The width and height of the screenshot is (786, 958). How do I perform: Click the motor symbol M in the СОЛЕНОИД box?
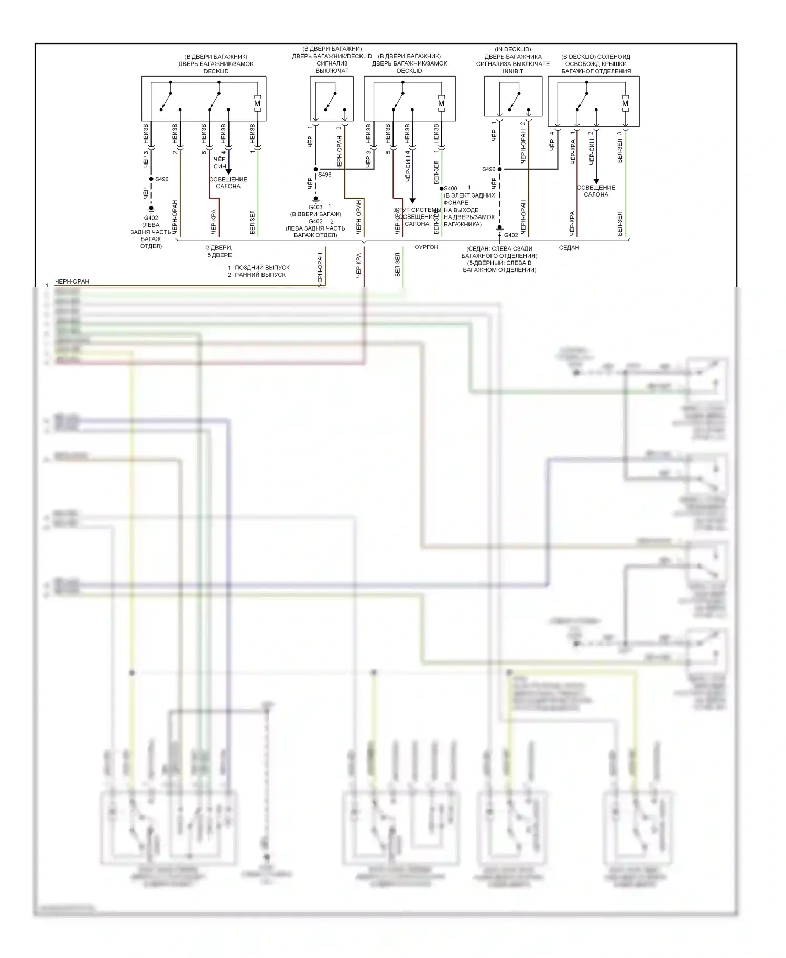(625, 103)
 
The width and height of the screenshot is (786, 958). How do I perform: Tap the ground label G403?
(315, 207)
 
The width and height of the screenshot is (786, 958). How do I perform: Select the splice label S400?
(451, 188)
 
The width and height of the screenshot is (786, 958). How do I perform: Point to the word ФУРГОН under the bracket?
(426, 247)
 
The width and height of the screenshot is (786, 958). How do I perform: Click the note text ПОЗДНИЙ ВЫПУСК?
(262, 268)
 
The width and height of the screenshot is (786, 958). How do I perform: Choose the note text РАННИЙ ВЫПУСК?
(260, 275)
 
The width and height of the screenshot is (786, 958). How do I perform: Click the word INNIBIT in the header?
(512, 71)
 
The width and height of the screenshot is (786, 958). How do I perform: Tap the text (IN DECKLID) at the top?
(512, 49)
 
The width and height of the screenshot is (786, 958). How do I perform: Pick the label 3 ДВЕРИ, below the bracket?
(219, 248)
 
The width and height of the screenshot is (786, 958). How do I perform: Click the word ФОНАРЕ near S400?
(456, 203)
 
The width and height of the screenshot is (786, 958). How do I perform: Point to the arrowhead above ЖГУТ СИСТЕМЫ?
(412, 200)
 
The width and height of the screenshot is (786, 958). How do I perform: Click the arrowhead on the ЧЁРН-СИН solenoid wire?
(596, 181)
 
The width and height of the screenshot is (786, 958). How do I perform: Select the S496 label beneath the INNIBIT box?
(488, 169)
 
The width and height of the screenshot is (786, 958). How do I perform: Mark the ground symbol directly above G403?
(315, 200)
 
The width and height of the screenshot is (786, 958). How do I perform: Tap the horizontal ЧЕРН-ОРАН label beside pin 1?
(72, 281)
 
